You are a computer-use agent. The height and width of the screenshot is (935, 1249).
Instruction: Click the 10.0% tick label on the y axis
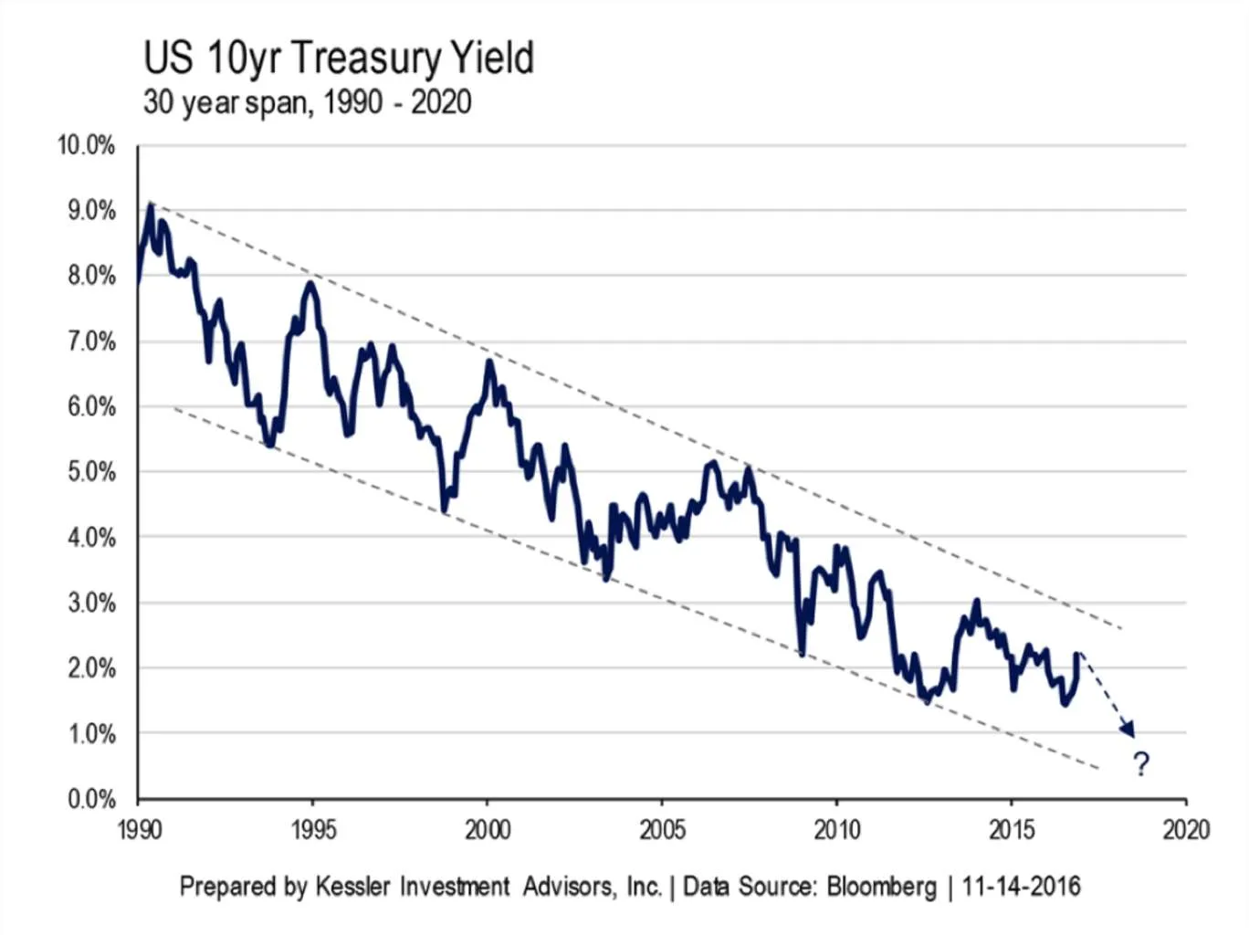pyautogui.click(x=87, y=145)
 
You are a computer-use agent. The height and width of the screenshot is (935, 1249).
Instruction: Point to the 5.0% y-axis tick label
pyautogui.click(x=91, y=472)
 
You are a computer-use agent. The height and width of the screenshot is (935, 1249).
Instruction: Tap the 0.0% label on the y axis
pyautogui.click(x=91, y=800)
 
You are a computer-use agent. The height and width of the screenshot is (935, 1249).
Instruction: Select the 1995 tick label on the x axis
pyautogui.click(x=313, y=829)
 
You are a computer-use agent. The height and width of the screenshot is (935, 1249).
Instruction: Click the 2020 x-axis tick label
pyautogui.click(x=1186, y=829)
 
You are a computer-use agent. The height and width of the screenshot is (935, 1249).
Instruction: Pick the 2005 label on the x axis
pyautogui.click(x=662, y=829)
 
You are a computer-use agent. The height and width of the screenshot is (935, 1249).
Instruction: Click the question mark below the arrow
pyautogui.click(x=1141, y=763)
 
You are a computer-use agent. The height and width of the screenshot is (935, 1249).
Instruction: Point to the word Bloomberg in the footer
pyautogui.click(x=881, y=886)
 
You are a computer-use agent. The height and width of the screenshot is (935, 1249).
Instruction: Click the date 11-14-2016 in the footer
pyautogui.click(x=1021, y=886)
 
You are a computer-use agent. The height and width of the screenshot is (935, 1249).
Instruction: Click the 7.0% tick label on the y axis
pyautogui.click(x=91, y=341)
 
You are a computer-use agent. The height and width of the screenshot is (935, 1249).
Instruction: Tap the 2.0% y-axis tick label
pyautogui.click(x=91, y=668)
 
